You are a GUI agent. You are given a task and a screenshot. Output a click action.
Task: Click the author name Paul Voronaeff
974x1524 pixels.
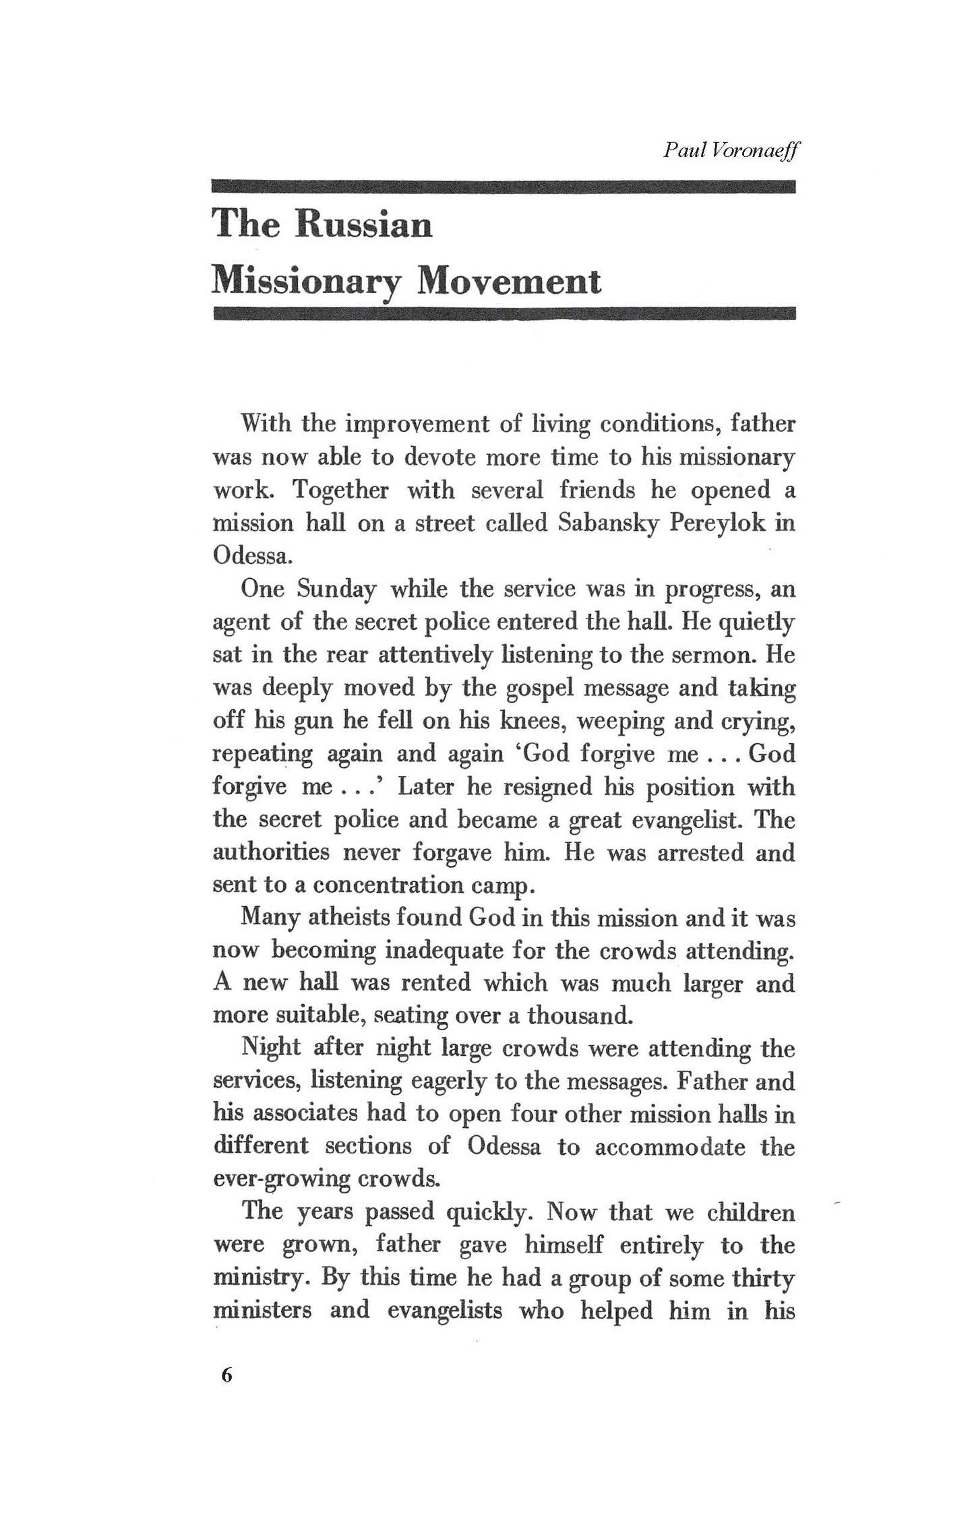(x=730, y=150)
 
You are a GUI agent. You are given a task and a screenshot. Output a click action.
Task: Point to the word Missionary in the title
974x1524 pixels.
(x=305, y=282)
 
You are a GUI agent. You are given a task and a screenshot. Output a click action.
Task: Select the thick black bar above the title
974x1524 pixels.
(x=504, y=187)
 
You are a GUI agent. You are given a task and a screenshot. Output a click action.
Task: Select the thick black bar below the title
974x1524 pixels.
(x=504, y=313)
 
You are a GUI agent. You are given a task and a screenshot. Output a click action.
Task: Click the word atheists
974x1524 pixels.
(x=351, y=918)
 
